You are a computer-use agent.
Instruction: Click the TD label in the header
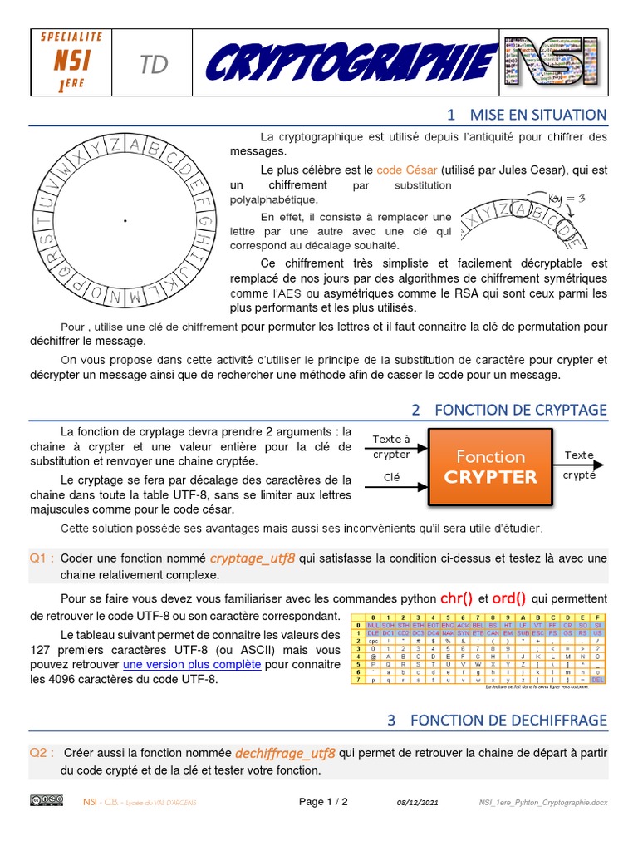pos(154,66)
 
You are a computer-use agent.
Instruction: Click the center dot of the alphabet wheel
pos(125,220)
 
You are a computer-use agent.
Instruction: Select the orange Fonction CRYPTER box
pos(491,466)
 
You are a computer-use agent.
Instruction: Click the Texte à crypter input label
pos(391,446)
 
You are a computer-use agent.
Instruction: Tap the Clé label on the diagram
pos(391,477)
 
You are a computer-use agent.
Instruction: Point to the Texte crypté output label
pos(579,465)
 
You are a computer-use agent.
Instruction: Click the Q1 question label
pos(42,558)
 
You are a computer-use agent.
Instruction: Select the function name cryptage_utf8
pos(253,558)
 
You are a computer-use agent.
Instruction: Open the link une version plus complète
pos(192,665)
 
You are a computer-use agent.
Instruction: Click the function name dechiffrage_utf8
pos(285,754)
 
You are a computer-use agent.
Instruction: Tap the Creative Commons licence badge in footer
pos(47,800)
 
